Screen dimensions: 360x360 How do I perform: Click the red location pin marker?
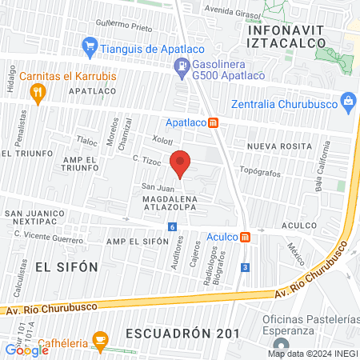(181, 163)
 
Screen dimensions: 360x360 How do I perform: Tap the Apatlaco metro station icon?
(214, 123)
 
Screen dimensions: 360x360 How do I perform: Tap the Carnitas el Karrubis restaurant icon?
(36, 94)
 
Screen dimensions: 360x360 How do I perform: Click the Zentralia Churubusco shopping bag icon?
(348, 102)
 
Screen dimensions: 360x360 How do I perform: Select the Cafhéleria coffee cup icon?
(99, 339)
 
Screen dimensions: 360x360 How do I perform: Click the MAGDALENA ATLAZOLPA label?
(187, 202)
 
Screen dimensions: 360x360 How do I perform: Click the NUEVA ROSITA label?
(277, 146)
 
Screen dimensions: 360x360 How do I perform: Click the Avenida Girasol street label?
(233, 12)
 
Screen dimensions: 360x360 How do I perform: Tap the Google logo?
(26, 350)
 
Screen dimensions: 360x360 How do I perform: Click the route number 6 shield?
(172, 227)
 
